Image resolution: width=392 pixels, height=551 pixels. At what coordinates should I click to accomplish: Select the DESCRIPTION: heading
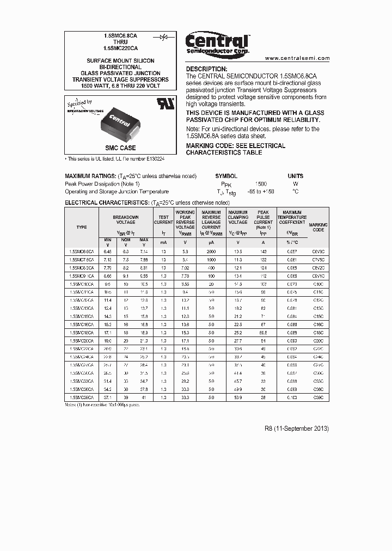207,69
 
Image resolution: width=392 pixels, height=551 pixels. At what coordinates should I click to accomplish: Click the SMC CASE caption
120,148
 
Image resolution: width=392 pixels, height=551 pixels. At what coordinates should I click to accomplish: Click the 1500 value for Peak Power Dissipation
261,184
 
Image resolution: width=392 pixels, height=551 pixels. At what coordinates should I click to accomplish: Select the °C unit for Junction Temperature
296,192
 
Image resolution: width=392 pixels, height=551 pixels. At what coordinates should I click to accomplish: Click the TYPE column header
82,227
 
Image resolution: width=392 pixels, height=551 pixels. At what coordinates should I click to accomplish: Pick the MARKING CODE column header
318,227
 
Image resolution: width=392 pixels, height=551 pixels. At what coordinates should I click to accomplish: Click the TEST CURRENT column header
163,220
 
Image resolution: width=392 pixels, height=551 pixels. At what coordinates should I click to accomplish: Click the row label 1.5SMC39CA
82,398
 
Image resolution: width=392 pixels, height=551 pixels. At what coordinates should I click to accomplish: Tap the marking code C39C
318,398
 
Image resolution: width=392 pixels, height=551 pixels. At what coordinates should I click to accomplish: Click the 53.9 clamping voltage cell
238,398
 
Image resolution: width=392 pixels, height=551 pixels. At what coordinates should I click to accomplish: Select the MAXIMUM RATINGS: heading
90,176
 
